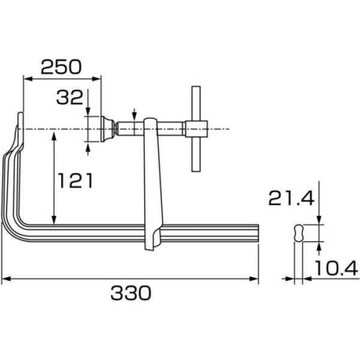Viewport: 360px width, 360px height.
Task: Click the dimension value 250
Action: (60, 67)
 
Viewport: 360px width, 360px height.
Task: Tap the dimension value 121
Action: (76, 179)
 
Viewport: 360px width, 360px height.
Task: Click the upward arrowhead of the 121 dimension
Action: (55, 136)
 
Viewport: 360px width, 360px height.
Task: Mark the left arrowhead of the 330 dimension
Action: (5, 279)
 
